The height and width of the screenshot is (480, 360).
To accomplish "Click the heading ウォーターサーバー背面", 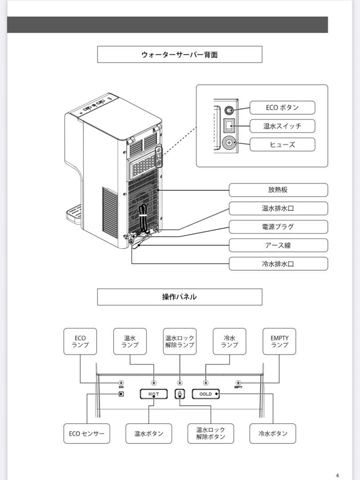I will pos(180,55).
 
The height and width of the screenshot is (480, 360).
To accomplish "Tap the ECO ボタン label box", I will pos(282,108).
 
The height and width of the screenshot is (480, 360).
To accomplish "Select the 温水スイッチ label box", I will pos(282,126).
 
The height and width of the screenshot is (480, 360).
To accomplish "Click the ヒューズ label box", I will pos(282,144).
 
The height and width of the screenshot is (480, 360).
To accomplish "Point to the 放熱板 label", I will pos(278,190).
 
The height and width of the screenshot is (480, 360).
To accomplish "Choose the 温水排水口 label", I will pos(278,208).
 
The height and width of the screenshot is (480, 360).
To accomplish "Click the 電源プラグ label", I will pos(278,227).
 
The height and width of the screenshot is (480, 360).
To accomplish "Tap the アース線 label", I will pos(278,245).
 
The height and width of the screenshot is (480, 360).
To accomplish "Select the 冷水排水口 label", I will pos(278,264).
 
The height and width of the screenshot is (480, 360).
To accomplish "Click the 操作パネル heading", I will pos(180,297).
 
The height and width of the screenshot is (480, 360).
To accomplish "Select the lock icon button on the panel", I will pos(180,394).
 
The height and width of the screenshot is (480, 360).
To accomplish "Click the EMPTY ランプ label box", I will pos(279,341).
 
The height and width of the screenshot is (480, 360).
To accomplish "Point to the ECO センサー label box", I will pos(87,433).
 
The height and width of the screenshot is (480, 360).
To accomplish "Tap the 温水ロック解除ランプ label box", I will pos(180,341).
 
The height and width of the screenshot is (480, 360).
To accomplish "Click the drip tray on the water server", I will pos(74,213).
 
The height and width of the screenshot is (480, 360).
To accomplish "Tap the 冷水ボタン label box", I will pos(273,433).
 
